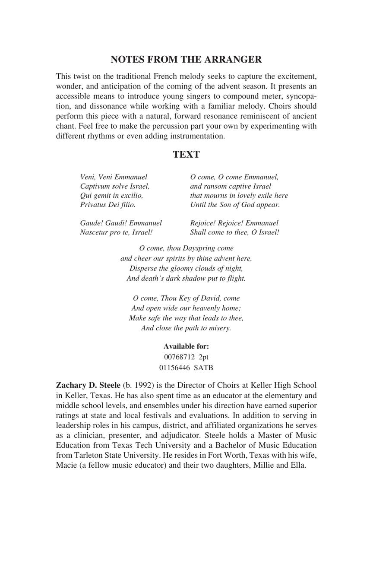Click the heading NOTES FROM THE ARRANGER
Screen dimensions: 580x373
[186, 60]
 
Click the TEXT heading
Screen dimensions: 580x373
[186, 155]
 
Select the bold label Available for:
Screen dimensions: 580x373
[186, 346]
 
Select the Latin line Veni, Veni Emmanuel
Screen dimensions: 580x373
[114, 177]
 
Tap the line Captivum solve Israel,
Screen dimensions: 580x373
[115, 186]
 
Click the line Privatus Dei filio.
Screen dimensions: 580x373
[107, 204]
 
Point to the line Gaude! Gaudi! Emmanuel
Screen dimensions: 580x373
[121, 223]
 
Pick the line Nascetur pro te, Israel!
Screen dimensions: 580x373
[116, 232]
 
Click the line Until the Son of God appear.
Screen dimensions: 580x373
[235, 204]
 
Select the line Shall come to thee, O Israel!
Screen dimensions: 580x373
[234, 232]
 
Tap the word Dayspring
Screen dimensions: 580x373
[202, 248]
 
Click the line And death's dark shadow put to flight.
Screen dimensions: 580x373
[186, 279]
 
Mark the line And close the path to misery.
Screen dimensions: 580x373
[186, 328]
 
